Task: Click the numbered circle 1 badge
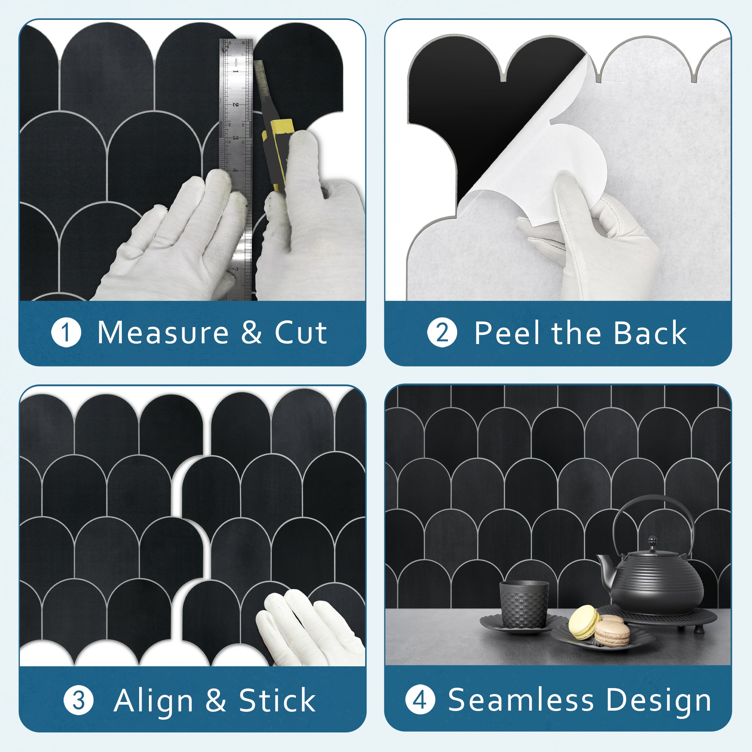coord(66,333)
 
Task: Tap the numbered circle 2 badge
coord(442,333)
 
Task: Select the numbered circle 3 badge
coord(79,700)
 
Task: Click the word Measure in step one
coord(163,333)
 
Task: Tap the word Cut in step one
coord(300,333)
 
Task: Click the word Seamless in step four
coord(521,700)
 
